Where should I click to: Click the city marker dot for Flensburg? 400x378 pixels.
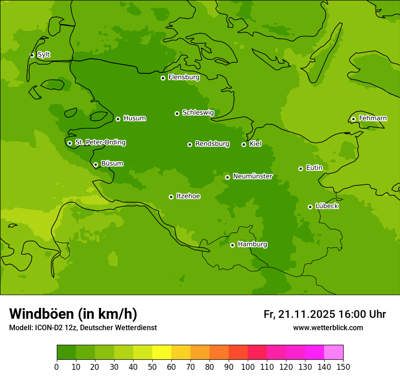click(x=163, y=78)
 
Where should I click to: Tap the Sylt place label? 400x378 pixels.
click(x=44, y=55)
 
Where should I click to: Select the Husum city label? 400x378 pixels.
click(x=135, y=118)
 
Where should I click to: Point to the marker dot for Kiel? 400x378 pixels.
click(x=244, y=144)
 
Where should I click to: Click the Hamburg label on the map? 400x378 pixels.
click(x=252, y=245)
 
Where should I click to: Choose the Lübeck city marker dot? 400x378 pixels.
click(x=310, y=207)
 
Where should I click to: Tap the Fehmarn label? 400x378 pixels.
click(x=373, y=118)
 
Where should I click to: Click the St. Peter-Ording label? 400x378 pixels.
click(x=100, y=143)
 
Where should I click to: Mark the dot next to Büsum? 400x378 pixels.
click(x=95, y=165)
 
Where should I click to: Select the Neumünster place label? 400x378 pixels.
click(x=252, y=176)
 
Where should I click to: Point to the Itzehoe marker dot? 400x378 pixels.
click(x=171, y=197)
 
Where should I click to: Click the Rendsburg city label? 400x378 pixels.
click(x=212, y=144)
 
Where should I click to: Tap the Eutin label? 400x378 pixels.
click(x=314, y=168)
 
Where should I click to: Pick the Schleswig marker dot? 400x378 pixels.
click(x=177, y=113)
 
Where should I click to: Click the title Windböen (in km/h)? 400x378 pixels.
click(x=73, y=314)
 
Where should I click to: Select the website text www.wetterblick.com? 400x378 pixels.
click(x=328, y=328)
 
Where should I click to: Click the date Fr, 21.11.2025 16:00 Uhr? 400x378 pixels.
click(x=325, y=314)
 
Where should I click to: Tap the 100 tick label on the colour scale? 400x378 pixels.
click(x=248, y=367)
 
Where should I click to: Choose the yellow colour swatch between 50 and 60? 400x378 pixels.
click(x=162, y=352)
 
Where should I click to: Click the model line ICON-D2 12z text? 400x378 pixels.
click(x=83, y=328)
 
